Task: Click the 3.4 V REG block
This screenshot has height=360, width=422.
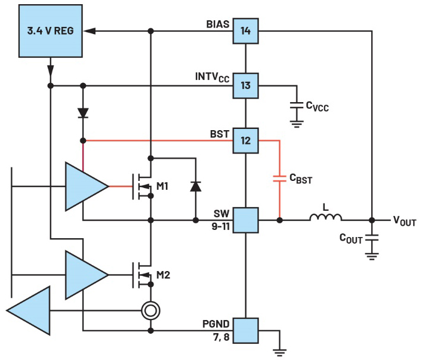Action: coord(50,30)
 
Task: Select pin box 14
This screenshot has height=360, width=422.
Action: coord(245,30)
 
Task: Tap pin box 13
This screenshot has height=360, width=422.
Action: coord(245,85)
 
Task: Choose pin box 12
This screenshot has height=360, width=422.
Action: coord(245,140)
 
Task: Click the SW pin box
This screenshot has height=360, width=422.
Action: coord(245,220)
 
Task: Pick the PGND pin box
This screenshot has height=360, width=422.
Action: coord(245,330)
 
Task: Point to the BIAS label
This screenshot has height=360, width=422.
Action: coord(218,24)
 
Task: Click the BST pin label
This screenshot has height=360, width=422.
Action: coord(220,134)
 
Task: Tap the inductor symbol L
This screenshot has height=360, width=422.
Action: coord(326,217)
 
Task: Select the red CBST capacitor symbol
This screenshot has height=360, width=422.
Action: coord(279,179)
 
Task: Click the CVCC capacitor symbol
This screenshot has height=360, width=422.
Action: coord(297,105)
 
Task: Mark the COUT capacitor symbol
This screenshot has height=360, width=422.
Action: coord(372,238)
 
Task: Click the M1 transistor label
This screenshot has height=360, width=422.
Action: coord(162,186)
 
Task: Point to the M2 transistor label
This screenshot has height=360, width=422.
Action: coord(163,275)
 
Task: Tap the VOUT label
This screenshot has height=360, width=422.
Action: coord(405,221)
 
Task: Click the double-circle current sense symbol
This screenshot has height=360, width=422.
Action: coord(150,310)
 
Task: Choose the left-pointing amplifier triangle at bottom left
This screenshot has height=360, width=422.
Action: coord(28,310)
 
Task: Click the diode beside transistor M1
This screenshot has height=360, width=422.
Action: coord(195,186)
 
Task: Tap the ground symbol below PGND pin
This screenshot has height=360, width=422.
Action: coord(279,352)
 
